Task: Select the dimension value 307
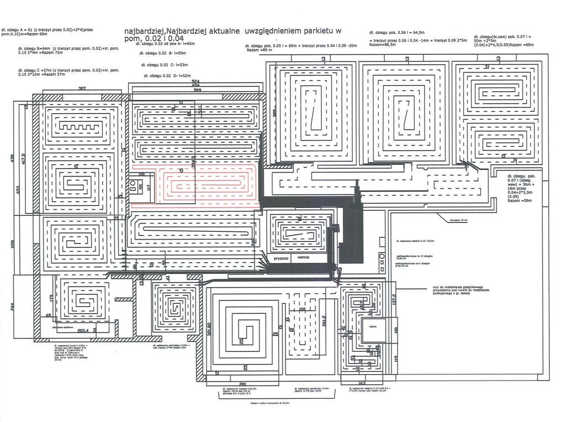click(x=82, y=88)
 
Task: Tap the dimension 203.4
click(x=84, y=331)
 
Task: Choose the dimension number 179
click(x=50, y=299)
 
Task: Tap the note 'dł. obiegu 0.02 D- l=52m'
click(x=167, y=75)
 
